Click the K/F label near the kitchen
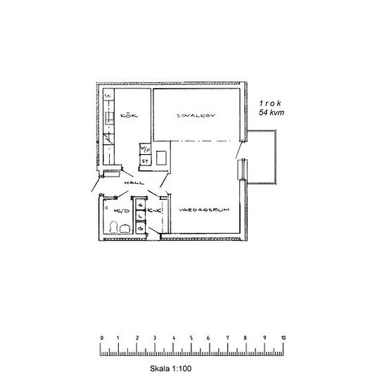pos(144,149)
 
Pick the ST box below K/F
pos(144,160)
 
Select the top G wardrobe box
pos(141,205)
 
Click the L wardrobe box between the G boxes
pos(141,217)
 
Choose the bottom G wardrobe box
pos(141,228)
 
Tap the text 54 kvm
pos(271,112)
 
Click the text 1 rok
pos(270,103)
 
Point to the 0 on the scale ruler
pos(102,338)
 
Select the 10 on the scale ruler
pos(283,338)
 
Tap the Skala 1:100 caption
pos(171,367)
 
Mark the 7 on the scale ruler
pos(229,338)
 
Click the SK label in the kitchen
pos(108,96)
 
